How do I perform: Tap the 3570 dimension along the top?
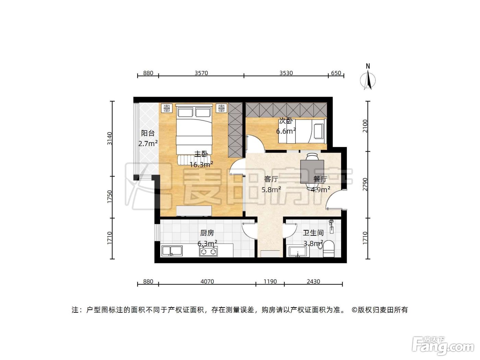pos(201,73)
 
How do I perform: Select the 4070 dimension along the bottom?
pos(207,281)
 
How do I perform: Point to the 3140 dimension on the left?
pos(109,139)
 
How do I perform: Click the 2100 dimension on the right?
pos(365,126)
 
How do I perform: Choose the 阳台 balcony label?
pos(148,133)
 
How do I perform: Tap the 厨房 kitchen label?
pos(207,233)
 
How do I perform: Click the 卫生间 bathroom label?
pos(313,233)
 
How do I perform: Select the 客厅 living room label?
pos(271,179)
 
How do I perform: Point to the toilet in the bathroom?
pos(328,249)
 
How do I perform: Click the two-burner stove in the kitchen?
pos(208,252)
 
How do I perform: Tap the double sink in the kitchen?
pos(172,251)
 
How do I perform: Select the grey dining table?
pos(312,171)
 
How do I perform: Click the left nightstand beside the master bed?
pos(167,108)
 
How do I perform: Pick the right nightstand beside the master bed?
pos(221,108)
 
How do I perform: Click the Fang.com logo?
pos(443,347)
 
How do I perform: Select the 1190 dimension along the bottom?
pos(270,281)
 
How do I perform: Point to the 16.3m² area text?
pos(201,164)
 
